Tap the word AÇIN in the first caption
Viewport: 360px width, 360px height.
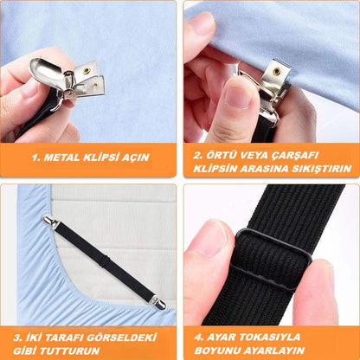click(x=135, y=157)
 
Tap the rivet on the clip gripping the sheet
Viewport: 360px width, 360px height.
click(x=276, y=69)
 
